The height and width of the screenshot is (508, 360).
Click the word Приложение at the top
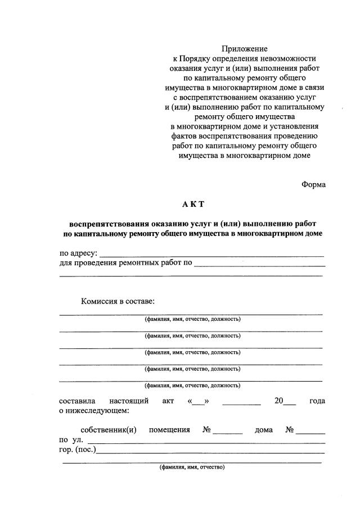(244, 48)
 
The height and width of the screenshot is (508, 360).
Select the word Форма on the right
(313, 184)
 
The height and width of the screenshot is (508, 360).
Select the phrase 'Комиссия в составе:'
(118, 301)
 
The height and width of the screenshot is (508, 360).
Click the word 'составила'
(77, 401)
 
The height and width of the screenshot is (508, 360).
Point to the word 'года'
(317, 401)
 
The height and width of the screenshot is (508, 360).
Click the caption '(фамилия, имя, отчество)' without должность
(192, 466)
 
